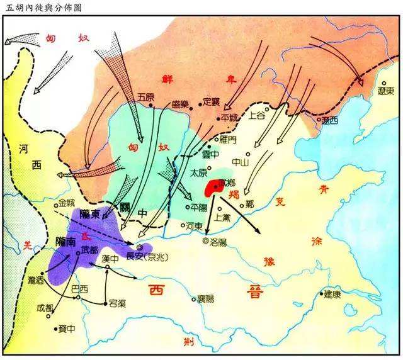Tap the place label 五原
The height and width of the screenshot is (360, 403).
(145, 96)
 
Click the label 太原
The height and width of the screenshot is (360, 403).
(199, 171)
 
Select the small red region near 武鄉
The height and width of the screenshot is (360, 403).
(210, 188)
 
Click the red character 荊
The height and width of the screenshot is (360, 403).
(188, 341)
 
